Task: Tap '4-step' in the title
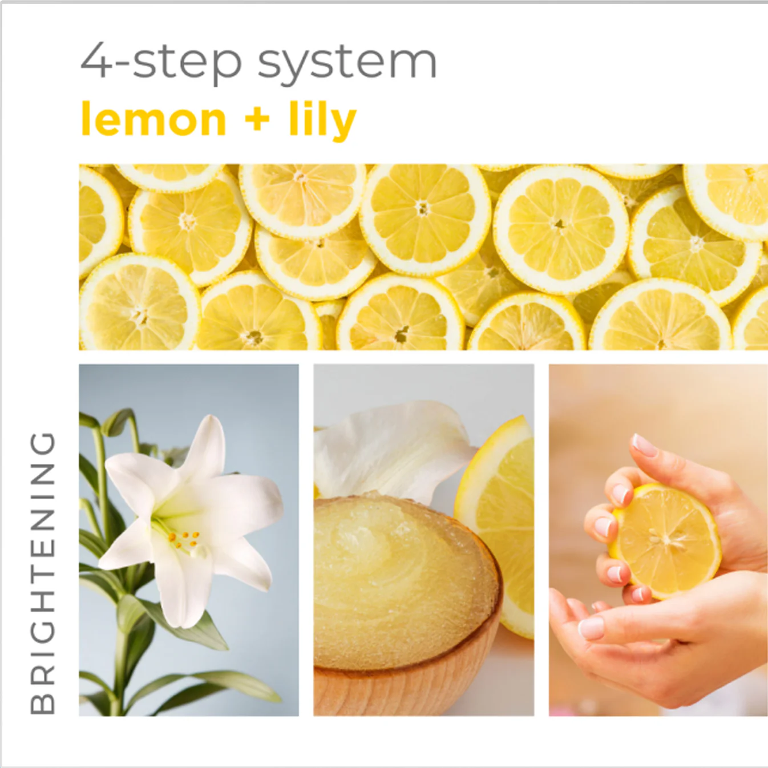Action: (161, 62)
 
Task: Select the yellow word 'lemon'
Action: (154, 120)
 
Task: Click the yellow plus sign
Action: (257, 119)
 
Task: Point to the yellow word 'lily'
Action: (322, 120)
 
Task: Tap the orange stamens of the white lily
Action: (184, 539)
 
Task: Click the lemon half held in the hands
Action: (665, 539)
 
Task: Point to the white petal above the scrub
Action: (394, 445)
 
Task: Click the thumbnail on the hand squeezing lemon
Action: (644, 445)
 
